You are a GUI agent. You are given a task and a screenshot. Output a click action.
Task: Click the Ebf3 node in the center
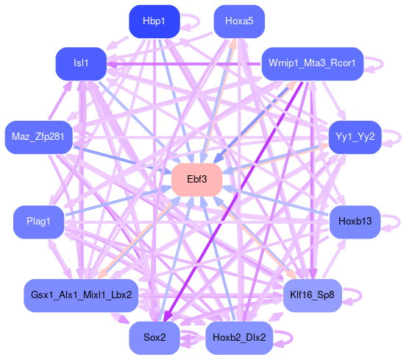point(196,180)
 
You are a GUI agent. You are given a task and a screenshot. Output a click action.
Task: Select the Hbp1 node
point(154,21)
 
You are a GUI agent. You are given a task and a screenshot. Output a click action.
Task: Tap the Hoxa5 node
point(239,21)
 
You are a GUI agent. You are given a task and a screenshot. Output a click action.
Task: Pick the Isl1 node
point(81,63)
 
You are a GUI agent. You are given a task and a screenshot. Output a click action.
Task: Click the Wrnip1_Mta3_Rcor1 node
point(312,63)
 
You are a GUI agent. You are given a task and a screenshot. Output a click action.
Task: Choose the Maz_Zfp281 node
point(38,137)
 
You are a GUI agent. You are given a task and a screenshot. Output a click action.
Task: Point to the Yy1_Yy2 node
point(355,137)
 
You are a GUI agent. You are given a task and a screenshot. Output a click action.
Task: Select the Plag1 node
point(38,222)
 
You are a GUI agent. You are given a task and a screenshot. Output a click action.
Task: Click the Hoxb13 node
point(355,222)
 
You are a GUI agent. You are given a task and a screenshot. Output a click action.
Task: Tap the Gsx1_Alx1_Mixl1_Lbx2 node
point(81,295)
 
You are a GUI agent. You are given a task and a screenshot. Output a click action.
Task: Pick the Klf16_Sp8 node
point(312,295)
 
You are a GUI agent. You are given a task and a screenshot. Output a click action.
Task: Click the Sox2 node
point(154,338)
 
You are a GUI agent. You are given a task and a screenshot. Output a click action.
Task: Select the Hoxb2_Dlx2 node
point(239,338)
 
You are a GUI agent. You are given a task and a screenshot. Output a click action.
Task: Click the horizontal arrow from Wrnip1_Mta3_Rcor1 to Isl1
point(184,63)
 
